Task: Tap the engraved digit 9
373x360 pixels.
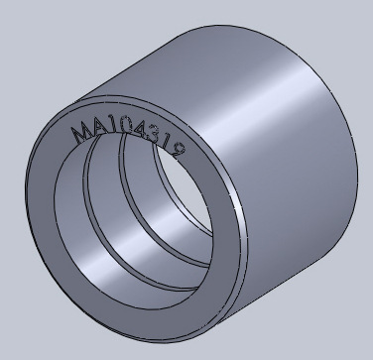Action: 178,151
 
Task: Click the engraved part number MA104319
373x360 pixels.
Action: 128,139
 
